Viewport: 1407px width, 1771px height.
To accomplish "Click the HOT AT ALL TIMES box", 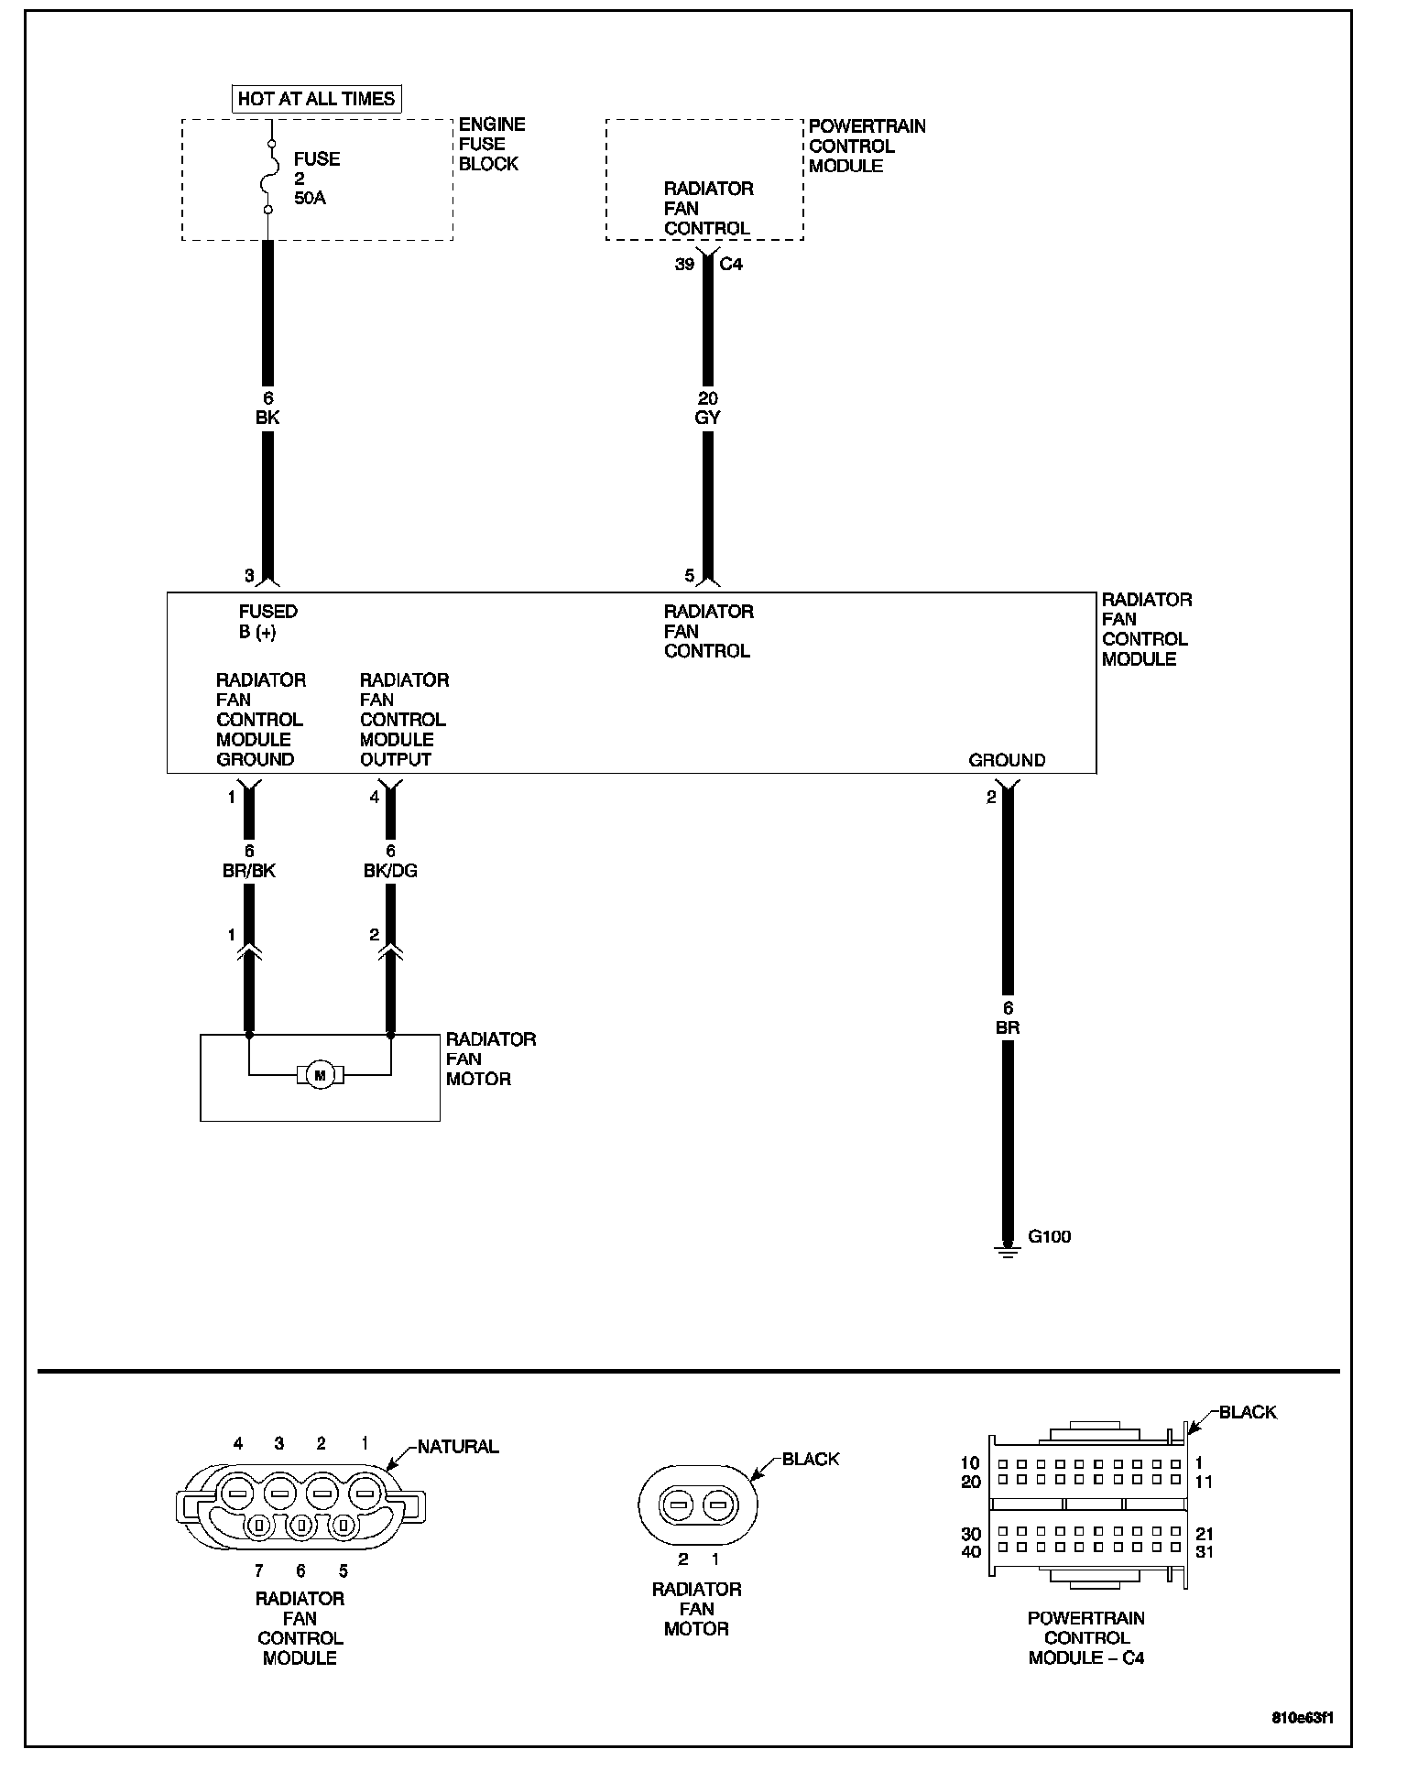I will [x=316, y=99].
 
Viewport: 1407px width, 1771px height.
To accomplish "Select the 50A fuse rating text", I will [x=310, y=198].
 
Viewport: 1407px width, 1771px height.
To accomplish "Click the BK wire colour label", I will [x=267, y=418].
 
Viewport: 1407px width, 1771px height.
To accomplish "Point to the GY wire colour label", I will [x=707, y=418].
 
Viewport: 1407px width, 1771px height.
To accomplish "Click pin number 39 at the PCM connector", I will [x=684, y=265].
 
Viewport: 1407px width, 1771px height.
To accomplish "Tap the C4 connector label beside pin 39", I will [x=731, y=265].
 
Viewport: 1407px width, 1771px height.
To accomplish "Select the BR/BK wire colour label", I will [x=249, y=871].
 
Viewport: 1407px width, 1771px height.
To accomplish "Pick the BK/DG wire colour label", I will [x=390, y=871].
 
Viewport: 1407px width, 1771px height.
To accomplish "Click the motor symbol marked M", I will [x=320, y=1075].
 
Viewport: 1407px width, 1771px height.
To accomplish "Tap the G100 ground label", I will [x=1049, y=1236].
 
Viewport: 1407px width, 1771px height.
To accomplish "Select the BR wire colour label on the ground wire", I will [x=1008, y=1027].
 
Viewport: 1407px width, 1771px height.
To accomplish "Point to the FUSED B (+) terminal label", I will [x=267, y=622].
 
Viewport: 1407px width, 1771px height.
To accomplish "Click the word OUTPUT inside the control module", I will [x=395, y=759].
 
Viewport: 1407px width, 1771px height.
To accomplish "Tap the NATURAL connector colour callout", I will [x=458, y=1447].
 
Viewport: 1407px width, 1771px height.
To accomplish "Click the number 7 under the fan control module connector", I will [x=259, y=1571].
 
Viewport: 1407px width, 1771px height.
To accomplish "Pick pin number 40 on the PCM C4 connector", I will [x=971, y=1551].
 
